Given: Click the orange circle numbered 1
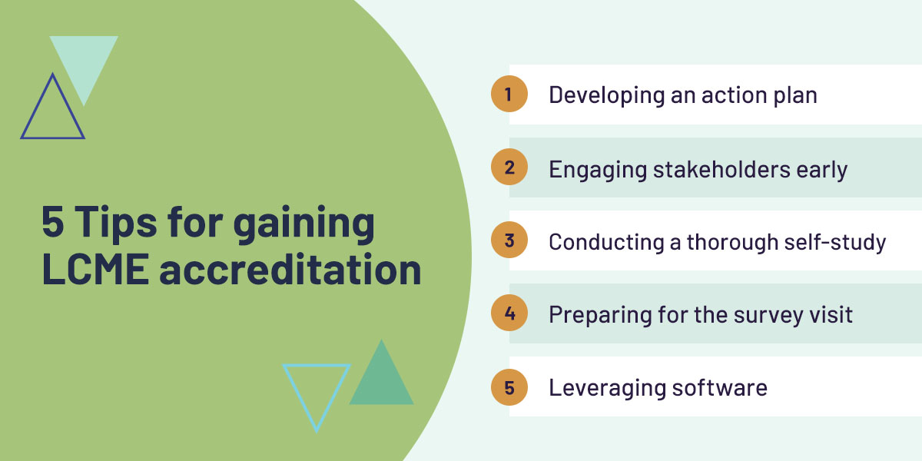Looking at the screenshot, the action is point(509,94).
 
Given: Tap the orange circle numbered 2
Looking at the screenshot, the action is point(509,167).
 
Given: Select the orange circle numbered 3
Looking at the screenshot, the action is point(509,240).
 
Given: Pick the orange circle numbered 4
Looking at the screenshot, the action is point(509,313).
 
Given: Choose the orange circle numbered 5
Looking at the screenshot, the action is point(509,387).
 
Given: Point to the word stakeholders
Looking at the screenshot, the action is point(721,169).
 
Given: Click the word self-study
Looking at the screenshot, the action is point(834,241).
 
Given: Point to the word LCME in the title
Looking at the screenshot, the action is point(95,269).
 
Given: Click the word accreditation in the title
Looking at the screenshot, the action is point(290,269).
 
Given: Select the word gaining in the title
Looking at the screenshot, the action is point(303,224).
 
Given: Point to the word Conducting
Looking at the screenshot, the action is point(606,242).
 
